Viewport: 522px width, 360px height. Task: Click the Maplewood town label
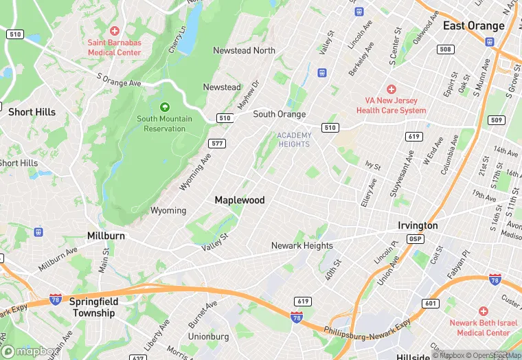(239, 200)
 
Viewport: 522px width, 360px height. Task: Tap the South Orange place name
(279, 114)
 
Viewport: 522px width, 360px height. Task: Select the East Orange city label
(473, 26)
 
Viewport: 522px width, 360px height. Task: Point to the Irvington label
(418, 225)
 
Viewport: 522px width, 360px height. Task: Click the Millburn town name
(106, 236)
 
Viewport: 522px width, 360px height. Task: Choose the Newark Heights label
(302, 245)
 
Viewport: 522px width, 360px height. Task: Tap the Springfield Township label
(94, 307)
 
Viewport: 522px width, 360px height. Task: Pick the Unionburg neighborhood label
(208, 337)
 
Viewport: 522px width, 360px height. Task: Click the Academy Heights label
(294, 139)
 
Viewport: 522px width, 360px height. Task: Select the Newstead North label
(244, 51)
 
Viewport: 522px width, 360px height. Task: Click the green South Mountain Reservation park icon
(164, 106)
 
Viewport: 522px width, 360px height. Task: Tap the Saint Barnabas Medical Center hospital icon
(114, 31)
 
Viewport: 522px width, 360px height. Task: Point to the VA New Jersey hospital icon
(391, 89)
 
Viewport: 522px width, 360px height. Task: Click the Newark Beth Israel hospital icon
(484, 311)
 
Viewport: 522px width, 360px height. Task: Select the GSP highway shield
(415, 239)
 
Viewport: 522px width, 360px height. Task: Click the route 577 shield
(217, 143)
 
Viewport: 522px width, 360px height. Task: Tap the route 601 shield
(430, 303)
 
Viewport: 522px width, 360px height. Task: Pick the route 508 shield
(446, 49)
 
